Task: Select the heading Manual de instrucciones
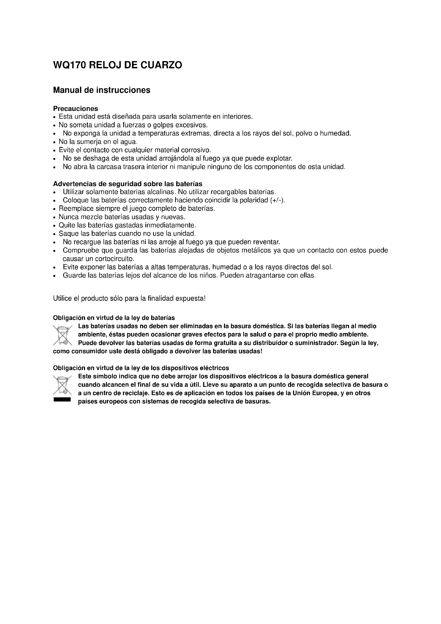102,90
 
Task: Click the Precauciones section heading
75,109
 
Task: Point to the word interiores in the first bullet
237,117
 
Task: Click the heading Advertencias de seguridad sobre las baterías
128,184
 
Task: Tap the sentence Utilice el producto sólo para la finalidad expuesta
129,299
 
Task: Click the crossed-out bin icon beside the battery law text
62,335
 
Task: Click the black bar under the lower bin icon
62,400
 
